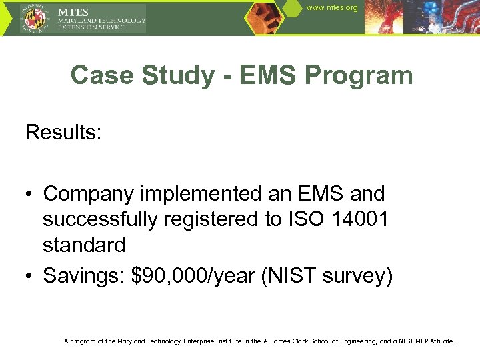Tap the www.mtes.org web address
(x=332, y=8)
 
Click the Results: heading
(x=63, y=132)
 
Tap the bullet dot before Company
(x=30, y=195)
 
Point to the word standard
(x=84, y=245)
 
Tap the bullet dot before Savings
(x=30, y=276)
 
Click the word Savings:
(x=84, y=275)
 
